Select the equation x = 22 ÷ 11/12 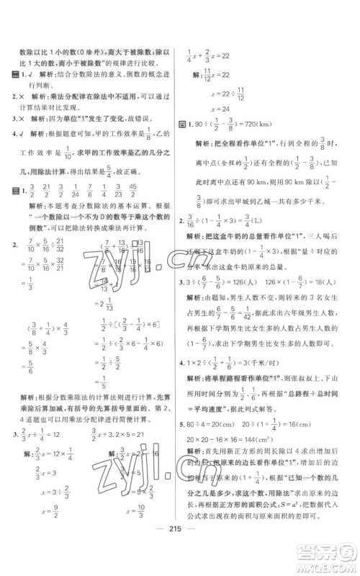(220, 94)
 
